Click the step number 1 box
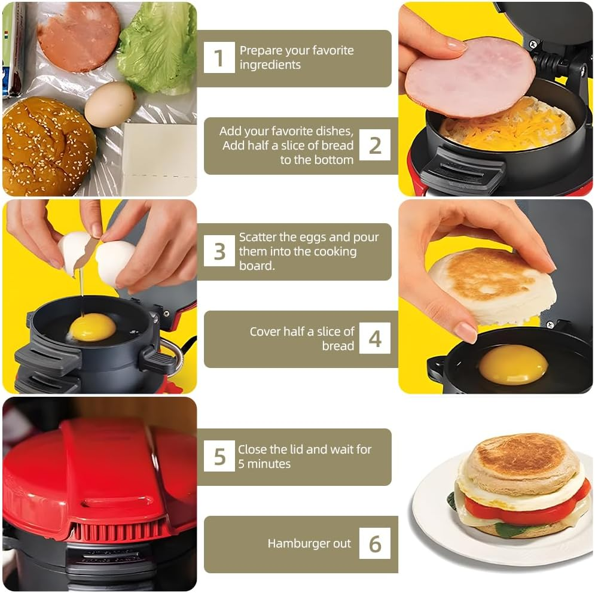click(x=219, y=58)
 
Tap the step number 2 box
click(x=375, y=145)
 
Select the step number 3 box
click(x=219, y=251)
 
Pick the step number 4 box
click(x=375, y=339)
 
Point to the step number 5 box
click(x=219, y=457)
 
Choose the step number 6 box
click(x=375, y=543)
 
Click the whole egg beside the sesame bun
click(x=109, y=104)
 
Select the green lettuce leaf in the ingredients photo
click(x=157, y=45)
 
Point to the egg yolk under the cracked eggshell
click(x=93, y=327)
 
